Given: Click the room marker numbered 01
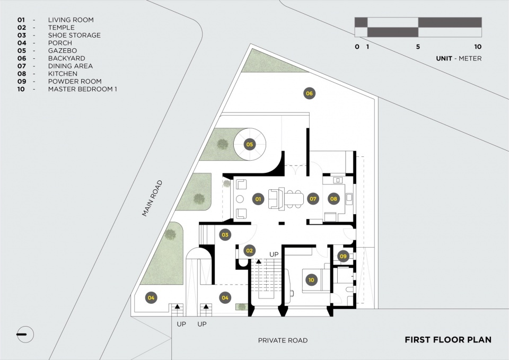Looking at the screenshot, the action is (x=258, y=199).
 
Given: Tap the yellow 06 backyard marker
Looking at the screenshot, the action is (x=309, y=93).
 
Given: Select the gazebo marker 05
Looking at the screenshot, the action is (x=250, y=144).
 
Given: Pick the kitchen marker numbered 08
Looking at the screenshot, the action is (x=334, y=199).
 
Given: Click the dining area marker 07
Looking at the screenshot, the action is (x=313, y=199).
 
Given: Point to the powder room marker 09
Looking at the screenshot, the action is (x=343, y=256).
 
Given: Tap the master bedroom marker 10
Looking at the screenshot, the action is (x=311, y=280).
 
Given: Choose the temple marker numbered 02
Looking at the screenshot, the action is (x=249, y=251).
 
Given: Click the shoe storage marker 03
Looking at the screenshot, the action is (x=225, y=235).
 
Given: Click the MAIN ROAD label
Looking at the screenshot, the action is (x=152, y=198).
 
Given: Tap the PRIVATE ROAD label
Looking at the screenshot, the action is (x=283, y=340).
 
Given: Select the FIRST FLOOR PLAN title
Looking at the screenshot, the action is (x=448, y=340).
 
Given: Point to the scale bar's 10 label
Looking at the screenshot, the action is (x=478, y=47).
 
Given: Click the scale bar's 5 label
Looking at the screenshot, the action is (x=418, y=47).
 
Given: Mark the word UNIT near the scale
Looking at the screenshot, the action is (x=444, y=58).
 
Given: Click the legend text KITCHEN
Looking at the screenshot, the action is (x=63, y=74).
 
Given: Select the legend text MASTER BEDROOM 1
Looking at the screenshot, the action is (x=83, y=89).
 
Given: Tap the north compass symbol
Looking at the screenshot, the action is (x=25, y=335).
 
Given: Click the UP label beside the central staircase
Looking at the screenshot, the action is (x=274, y=254).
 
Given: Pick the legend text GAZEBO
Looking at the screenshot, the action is (x=63, y=51).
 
